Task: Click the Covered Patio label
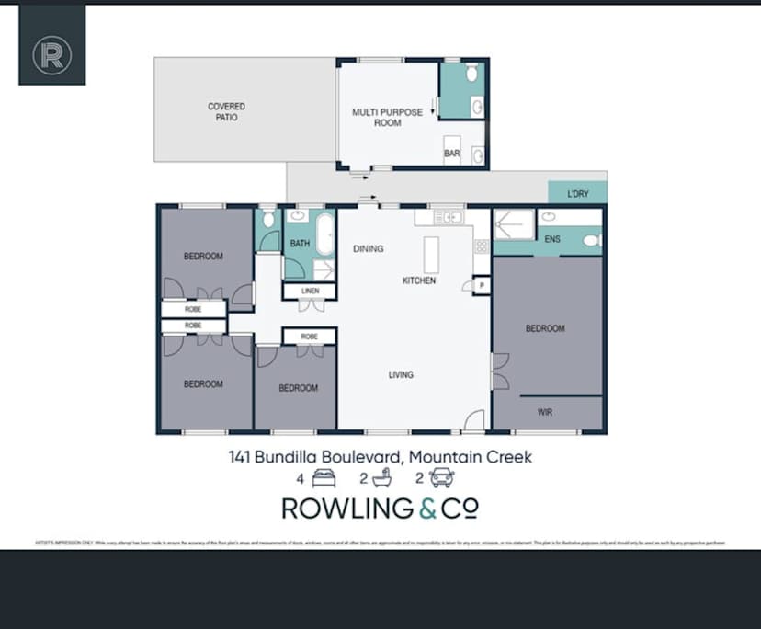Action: pyautogui.click(x=226, y=112)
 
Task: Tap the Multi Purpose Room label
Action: pyautogui.click(x=387, y=118)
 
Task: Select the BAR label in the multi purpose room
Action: pyautogui.click(x=452, y=154)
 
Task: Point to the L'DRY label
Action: pyautogui.click(x=578, y=193)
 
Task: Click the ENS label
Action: pyautogui.click(x=553, y=240)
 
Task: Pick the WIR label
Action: pyautogui.click(x=546, y=412)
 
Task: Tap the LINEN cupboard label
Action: pyautogui.click(x=310, y=292)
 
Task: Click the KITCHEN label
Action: pyautogui.click(x=419, y=280)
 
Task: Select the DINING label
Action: pyautogui.click(x=369, y=249)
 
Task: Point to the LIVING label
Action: pyautogui.click(x=401, y=374)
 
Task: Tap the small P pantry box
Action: pyautogui.click(x=483, y=287)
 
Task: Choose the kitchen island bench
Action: pyautogui.click(x=431, y=254)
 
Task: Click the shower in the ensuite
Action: pyautogui.click(x=514, y=225)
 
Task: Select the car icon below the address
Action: pyautogui.click(x=442, y=478)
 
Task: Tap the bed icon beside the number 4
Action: pyautogui.click(x=323, y=478)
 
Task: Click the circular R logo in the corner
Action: pyautogui.click(x=52, y=55)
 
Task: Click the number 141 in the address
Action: pyautogui.click(x=241, y=456)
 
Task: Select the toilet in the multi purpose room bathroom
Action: pyautogui.click(x=471, y=72)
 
